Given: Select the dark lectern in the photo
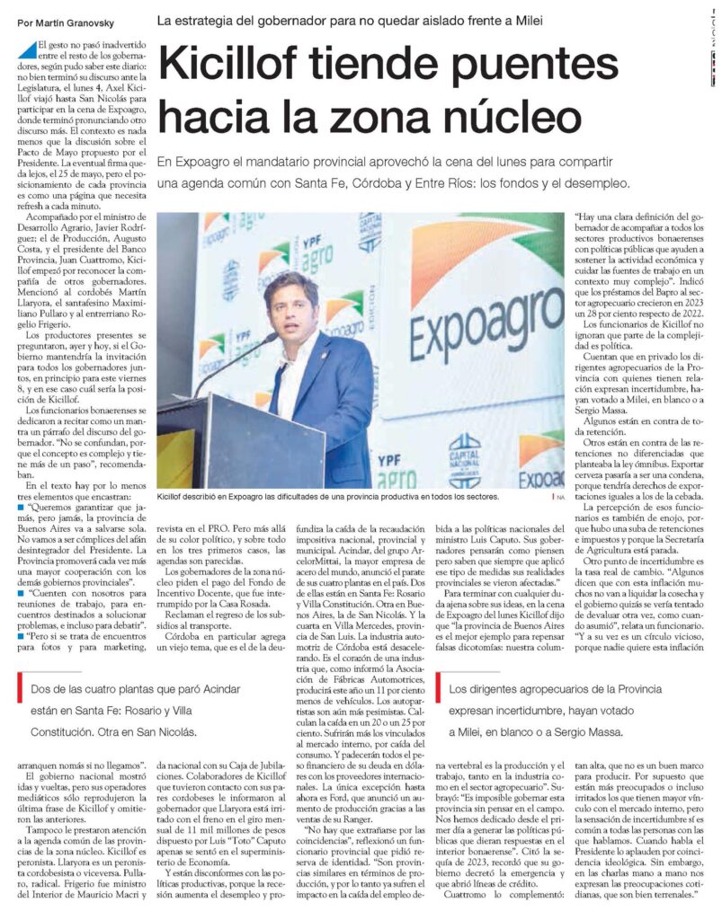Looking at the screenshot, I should click(243, 440).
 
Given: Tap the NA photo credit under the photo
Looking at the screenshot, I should click(560, 496).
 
